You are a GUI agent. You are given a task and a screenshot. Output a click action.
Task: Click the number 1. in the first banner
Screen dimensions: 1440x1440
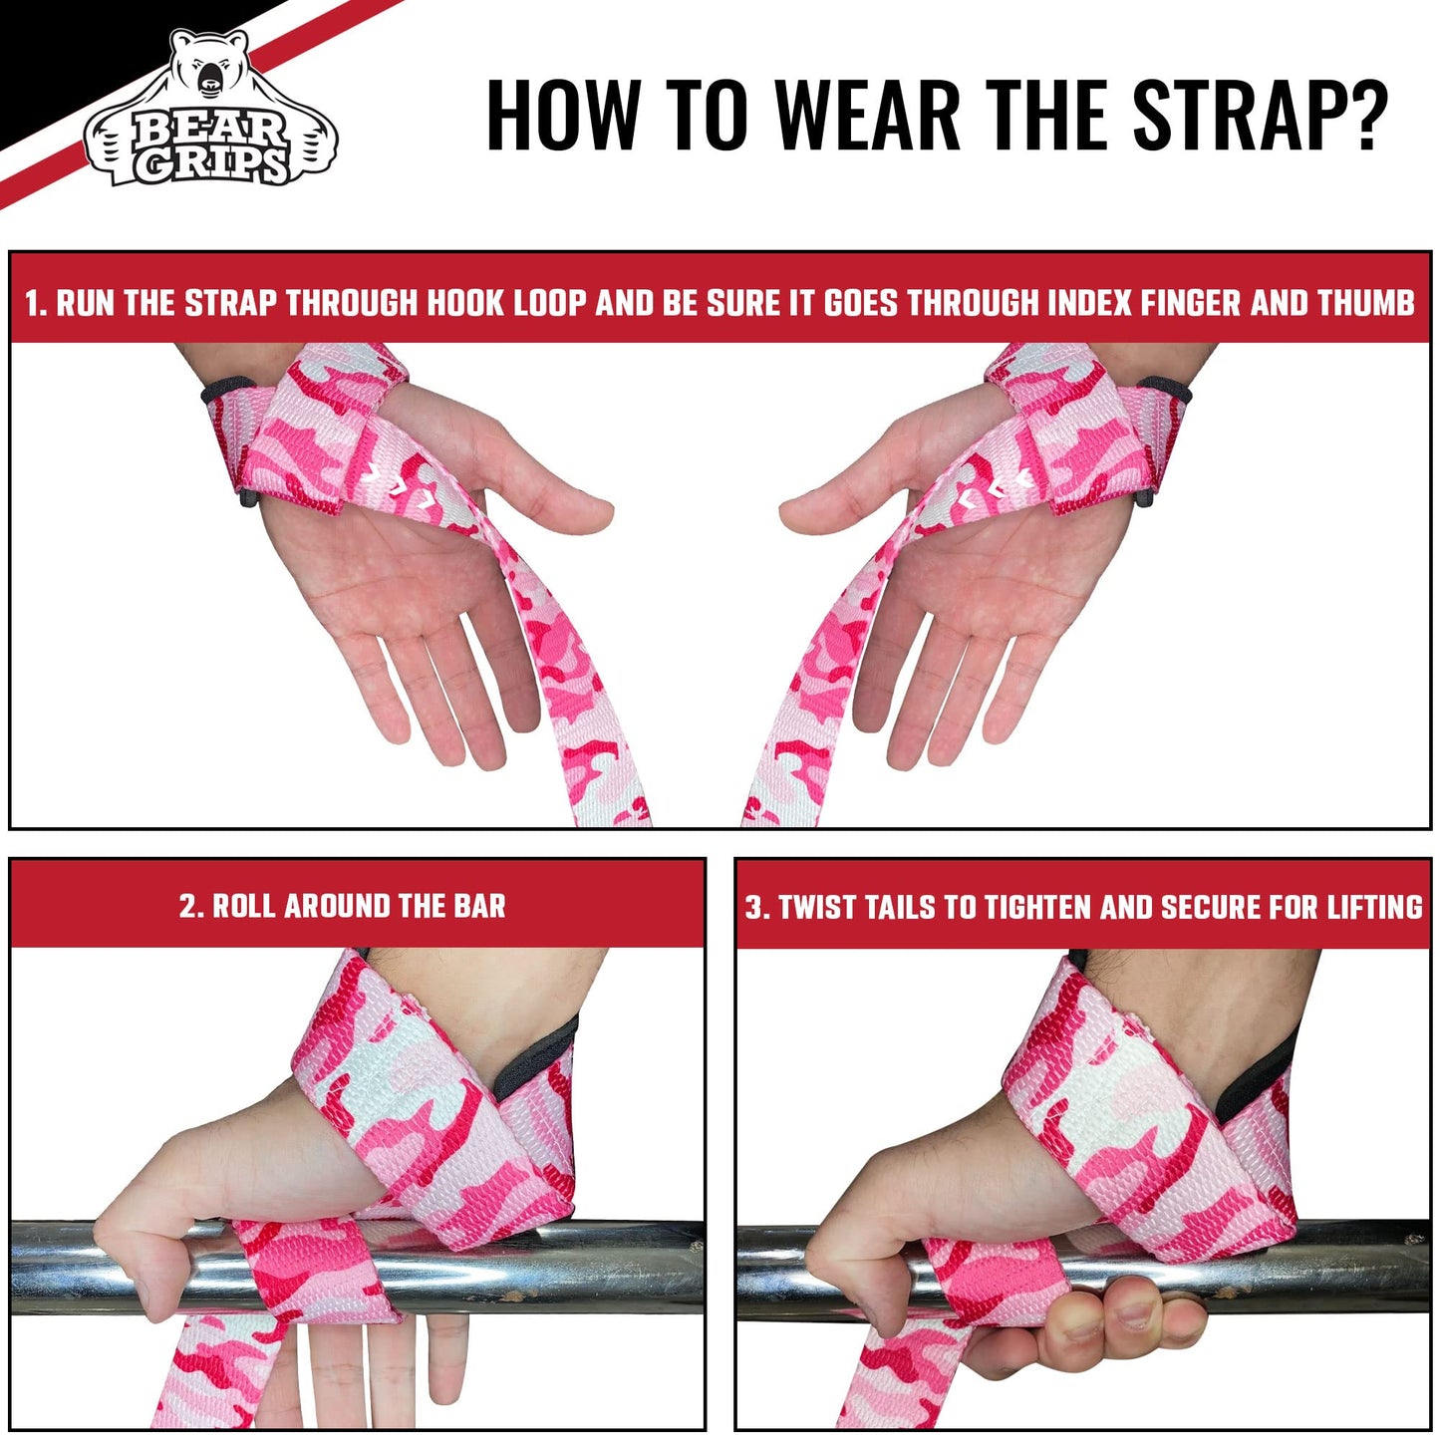(x=36, y=303)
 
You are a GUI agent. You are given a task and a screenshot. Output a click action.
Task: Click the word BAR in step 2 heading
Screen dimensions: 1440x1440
(x=479, y=906)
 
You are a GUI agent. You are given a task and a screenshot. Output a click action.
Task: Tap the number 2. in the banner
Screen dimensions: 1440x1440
(x=191, y=906)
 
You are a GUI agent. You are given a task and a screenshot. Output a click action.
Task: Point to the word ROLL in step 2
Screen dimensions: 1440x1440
(x=245, y=906)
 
